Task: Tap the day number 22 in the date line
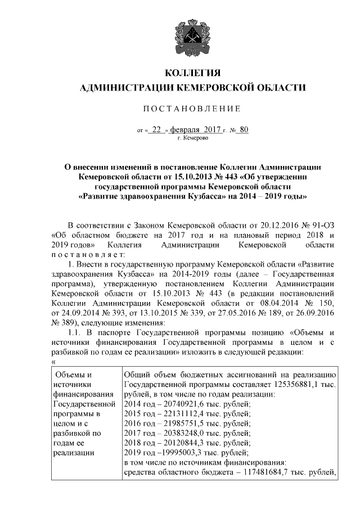pos(156,129)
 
